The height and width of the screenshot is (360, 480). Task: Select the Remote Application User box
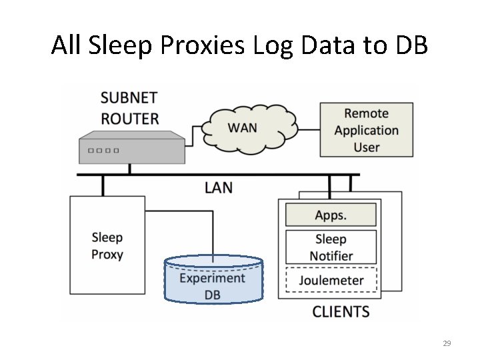click(x=366, y=131)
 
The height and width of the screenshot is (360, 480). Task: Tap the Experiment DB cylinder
click(x=213, y=280)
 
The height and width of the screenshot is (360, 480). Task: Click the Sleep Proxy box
click(x=107, y=245)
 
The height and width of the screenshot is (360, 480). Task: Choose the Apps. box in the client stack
click(x=331, y=215)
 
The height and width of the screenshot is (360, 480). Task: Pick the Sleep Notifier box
click(x=331, y=247)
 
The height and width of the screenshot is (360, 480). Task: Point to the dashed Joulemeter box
click(x=331, y=279)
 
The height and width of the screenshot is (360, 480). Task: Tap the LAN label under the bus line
click(x=219, y=187)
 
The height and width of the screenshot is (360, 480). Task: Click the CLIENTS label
click(x=341, y=311)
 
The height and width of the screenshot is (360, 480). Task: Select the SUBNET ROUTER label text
click(x=129, y=108)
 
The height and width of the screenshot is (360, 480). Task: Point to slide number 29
click(x=447, y=343)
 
